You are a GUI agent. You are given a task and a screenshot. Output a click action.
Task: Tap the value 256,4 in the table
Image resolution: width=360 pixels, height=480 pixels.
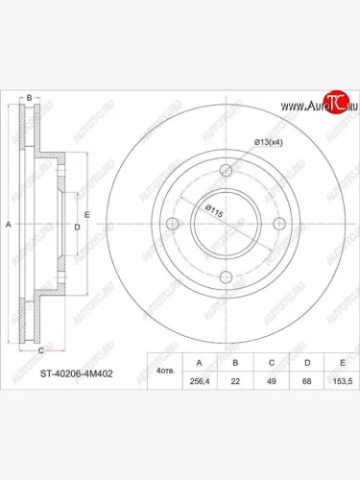coord(199,381)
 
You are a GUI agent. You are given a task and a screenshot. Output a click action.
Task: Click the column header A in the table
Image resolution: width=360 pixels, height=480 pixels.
coord(199,363)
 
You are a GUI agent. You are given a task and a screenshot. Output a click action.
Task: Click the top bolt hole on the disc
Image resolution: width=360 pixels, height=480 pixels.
coord(227,172)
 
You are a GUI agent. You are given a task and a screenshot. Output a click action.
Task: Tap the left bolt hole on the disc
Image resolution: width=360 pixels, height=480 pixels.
coord(174,225)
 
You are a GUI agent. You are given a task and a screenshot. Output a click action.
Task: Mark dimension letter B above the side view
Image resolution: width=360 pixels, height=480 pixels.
coord(30,98)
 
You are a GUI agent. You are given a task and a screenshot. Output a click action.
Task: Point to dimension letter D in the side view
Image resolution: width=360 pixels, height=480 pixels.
coord(76,227)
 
